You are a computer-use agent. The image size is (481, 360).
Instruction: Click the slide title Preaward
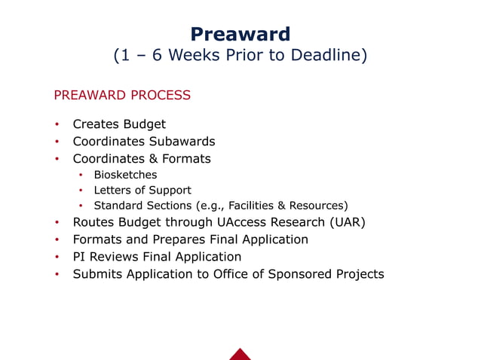(x=240, y=34)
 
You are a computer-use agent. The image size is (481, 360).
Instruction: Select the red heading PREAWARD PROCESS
(x=121, y=96)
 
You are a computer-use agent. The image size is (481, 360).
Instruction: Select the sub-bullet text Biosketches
(x=125, y=175)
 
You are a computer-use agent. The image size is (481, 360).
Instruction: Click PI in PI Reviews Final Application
(x=79, y=257)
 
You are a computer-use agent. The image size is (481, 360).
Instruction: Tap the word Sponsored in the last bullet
(x=294, y=274)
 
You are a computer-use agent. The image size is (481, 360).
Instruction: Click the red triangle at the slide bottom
(x=240, y=354)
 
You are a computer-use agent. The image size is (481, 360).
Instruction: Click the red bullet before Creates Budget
(x=57, y=125)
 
